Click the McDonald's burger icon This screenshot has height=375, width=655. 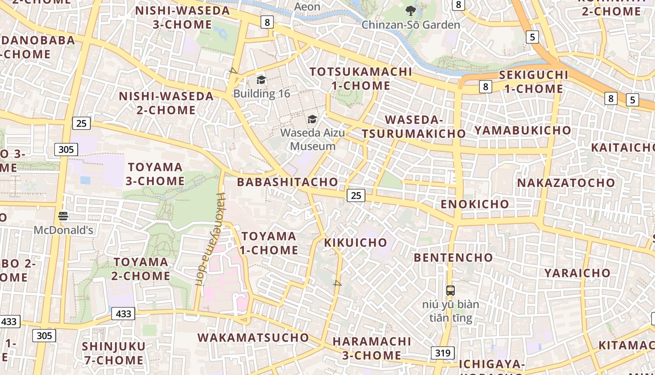pyautogui.click(x=63, y=216)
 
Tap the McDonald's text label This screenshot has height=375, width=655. pyautogui.click(x=63, y=230)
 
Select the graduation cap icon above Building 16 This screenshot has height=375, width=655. pyautogui.click(x=261, y=80)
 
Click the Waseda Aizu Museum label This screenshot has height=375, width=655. pyautogui.click(x=313, y=139)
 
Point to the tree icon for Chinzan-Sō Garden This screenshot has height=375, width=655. pyautogui.click(x=411, y=11)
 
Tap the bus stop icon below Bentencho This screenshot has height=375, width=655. pyautogui.click(x=450, y=291)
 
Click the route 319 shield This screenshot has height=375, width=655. pyautogui.click(x=442, y=353)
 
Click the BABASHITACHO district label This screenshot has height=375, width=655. pyautogui.click(x=287, y=182)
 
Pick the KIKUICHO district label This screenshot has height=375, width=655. pyautogui.click(x=356, y=242)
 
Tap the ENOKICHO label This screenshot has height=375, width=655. pyautogui.click(x=475, y=204)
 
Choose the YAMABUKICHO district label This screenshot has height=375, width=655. pyautogui.click(x=523, y=130)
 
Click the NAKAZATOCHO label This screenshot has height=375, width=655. pyautogui.click(x=566, y=183)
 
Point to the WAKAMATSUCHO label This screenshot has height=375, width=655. pyautogui.click(x=253, y=337)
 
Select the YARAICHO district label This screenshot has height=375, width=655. pyautogui.click(x=577, y=273)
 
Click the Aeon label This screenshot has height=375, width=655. pyautogui.click(x=307, y=7)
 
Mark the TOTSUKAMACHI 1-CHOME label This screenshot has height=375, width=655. pyautogui.click(x=361, y=79)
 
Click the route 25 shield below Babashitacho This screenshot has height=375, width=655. pyautogui.click(x=356, y=195)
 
